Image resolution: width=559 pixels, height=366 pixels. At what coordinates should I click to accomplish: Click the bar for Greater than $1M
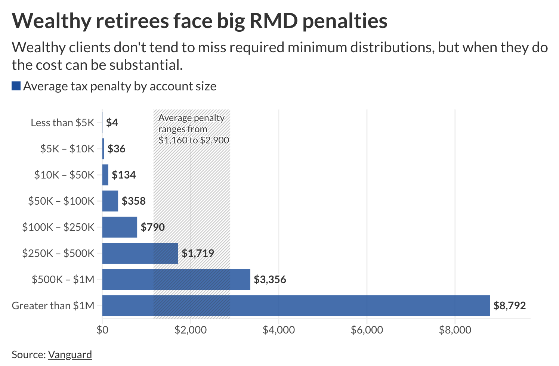[x=296, y=305]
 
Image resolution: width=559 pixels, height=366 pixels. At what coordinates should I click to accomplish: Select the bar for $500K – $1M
[x=176, y=279]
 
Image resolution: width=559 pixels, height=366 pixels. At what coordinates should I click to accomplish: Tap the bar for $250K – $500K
[x=140, y=253]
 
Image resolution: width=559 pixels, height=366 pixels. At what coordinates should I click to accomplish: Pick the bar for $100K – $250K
[x=120, y=227]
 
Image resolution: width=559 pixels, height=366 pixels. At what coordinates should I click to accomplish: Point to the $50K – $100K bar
[x=110, y=201]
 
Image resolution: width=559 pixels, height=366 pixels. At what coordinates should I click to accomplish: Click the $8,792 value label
[x=509, y=305]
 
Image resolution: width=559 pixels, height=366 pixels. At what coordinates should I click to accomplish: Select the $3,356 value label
[x=270, y=279]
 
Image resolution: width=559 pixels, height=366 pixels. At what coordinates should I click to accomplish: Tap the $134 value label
[x=124, y=175]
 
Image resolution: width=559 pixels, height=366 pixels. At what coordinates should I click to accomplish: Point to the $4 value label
[x=112, y=122]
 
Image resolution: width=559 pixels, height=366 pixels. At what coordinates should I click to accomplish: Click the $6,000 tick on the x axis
[x=367, y=330]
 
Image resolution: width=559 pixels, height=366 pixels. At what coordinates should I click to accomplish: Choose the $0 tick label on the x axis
[x=102, y=330]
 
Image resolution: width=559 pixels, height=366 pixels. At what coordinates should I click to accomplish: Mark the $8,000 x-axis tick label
[x=455, y=330]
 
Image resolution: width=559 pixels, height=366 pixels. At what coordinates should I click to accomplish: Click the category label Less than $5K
[x=62, y=122]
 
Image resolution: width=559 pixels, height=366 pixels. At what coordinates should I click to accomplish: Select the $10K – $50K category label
[x=64, y=175]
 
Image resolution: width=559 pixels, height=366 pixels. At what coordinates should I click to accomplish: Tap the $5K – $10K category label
[x=67, y=149]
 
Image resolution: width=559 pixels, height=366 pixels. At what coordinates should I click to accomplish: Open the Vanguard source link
[x=70, y=354]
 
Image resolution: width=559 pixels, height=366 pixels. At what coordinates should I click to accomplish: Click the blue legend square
[x=16, y=86]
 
